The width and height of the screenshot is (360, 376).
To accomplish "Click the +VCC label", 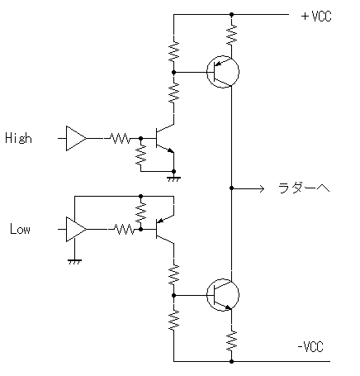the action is pyautogui.click(x=316, y=17).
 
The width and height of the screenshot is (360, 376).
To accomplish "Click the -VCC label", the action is pyautogui.click(x=310, y=346).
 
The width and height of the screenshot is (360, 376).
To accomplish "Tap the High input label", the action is pyautogui.click(x=18, y=138).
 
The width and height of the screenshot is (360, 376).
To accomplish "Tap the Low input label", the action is pyautogui.click(x=20, y=229).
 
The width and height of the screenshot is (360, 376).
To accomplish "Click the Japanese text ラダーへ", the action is pyautogui.click(x=304, y=188).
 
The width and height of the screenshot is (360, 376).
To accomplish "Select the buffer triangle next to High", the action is pyautogui.click(x=76, y=138).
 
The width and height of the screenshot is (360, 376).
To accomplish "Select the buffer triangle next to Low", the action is pyautogui.click(x=76, y=229).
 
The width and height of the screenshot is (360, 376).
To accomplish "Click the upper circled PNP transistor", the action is pyautogui.click(x=223, y=72).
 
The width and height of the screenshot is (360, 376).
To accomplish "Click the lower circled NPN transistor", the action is pyautogui.click(x=223, y=295).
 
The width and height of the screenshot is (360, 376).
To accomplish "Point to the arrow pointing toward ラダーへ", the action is pyautogui.click(x=248, y=188).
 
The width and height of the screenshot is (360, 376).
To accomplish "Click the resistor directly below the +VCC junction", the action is pyautogui.click(x=232, y=35).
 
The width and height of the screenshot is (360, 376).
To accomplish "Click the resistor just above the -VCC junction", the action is pyautogui.click(x=232, y=341).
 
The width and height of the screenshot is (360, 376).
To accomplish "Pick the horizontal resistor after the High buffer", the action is pyautogui.click(x=120, y=138).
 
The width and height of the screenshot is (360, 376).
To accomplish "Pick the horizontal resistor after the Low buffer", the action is pyautogui.click(x=125, y=229).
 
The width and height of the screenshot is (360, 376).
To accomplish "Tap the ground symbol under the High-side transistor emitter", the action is pyautogui.click(x=173, y=178).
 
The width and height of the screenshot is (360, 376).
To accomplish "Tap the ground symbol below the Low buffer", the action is pyautogui.click(x=74, y=261).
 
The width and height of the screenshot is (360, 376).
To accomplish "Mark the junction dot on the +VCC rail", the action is pyautogui.click(x=232, y=14).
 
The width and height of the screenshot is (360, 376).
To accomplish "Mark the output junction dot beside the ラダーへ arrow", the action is pyautogui.click(x=232, y=188).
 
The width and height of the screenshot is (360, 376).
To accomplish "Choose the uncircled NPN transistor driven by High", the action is pyautogui.click(x=164, y=138).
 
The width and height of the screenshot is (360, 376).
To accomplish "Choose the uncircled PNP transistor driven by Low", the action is pyautogui.click(x=164, y=229).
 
